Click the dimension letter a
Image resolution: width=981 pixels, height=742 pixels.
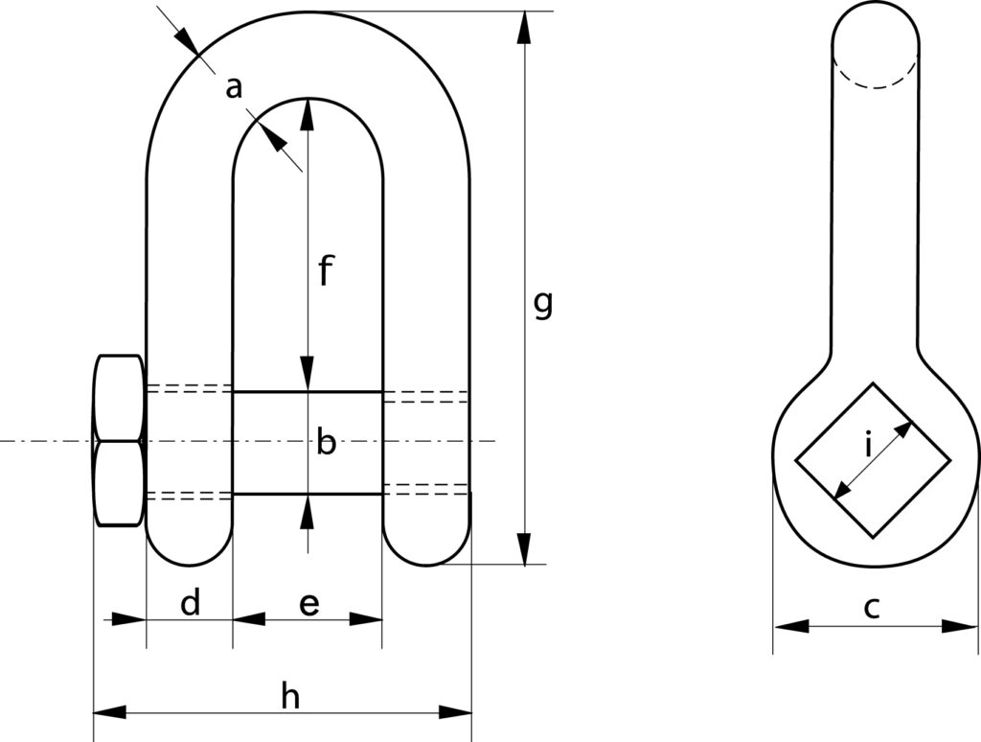(x=233, y=89)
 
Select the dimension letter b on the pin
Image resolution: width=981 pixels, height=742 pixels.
(x=327, y=444)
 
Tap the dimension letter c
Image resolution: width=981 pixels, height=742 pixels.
(x=871, y=606)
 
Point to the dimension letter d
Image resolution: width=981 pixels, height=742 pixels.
(x=191, y=604)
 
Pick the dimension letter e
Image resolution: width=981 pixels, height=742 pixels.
(x=308, y=604)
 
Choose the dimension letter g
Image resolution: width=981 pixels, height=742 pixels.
(x=542, y=305)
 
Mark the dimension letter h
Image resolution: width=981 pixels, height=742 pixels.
(x=290, y=697)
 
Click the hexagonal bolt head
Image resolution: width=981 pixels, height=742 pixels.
(x=119, y=441)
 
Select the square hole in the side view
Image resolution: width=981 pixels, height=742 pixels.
(x=874, y=460)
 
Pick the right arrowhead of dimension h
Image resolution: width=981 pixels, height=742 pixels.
(x=456, y=712)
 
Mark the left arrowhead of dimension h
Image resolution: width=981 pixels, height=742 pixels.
(x=109, y=712)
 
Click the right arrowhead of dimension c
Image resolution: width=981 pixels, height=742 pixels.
(x=960, y=626)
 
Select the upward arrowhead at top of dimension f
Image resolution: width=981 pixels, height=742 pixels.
(x=308, y=114)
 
